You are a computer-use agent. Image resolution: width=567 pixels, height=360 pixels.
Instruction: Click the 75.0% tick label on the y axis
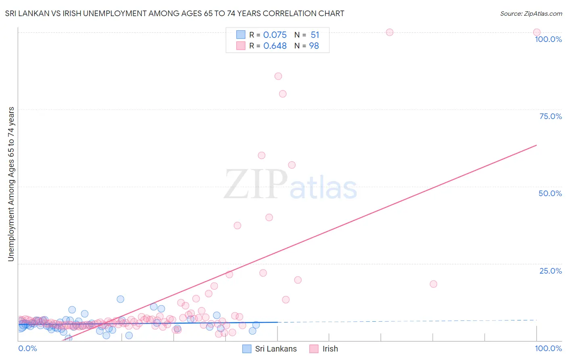point(550,116)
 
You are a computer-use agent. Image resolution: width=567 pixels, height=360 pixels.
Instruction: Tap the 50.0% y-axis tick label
point(550,193)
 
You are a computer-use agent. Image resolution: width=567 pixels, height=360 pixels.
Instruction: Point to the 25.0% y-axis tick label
point(550,271)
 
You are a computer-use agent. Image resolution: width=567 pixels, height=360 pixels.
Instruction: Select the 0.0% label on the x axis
point(27,348)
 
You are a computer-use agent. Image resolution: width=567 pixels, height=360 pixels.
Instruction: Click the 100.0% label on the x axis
point(548,348)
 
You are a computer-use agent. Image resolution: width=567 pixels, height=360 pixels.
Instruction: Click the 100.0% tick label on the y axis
point(548,39)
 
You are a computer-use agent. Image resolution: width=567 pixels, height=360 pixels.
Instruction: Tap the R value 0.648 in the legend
point(275,46)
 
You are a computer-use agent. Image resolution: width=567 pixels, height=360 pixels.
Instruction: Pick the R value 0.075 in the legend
point(275,35)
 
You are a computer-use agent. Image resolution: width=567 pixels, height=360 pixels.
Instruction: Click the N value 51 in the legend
point(315,35)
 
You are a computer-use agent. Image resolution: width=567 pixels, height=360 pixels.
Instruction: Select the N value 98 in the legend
point(314,46)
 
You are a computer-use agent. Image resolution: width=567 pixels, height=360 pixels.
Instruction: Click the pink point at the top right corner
point(537,32)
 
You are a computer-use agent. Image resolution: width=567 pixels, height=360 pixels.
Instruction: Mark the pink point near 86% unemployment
point(278,76)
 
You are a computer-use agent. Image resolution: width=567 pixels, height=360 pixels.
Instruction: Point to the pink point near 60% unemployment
point(261,155)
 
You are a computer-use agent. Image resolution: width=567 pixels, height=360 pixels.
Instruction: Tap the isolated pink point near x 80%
point(434,284)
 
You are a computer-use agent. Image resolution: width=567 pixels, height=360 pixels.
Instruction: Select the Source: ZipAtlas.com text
point(531,13)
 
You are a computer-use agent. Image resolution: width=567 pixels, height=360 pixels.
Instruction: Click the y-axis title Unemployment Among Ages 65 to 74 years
point(11,184)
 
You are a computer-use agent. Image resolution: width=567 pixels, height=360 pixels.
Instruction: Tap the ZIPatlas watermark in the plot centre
point(290,185)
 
